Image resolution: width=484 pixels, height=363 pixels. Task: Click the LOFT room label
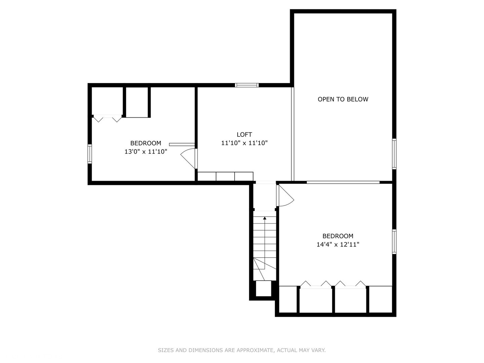point(244,134)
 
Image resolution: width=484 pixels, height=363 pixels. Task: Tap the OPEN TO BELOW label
point(343,99)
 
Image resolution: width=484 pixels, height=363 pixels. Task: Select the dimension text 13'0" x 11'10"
point(146,152)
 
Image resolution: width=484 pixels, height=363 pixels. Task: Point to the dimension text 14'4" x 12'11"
point(338,244)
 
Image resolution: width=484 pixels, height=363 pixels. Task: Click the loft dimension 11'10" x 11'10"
point(244,143)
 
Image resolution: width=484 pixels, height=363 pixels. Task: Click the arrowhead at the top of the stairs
point(265,218)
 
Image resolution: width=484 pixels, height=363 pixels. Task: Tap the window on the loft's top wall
point(247,85)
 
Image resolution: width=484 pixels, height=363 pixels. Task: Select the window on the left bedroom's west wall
point(90,154)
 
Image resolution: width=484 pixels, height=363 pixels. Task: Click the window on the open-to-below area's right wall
point(394,154)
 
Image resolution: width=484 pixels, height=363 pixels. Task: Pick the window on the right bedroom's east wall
point(394,241)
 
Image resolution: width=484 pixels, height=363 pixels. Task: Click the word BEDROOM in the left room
point(146,143)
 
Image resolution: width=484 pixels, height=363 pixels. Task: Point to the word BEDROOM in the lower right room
point(338,236)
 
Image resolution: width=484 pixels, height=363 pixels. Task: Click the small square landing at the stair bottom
point(264,288)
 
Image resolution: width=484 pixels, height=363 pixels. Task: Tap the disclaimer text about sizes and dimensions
point(242,350)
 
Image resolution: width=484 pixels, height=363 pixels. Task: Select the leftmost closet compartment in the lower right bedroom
point(288,299)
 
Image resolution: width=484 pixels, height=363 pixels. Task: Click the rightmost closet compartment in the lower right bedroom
point(380,299)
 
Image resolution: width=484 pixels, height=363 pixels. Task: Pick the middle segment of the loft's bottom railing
point(225,176)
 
